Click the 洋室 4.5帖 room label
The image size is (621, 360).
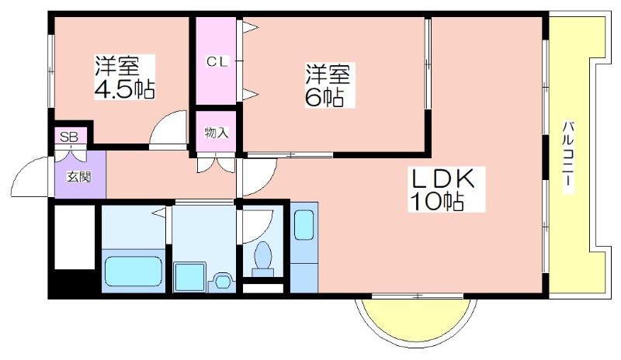coord(124,77)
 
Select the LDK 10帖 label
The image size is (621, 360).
coord(443,189)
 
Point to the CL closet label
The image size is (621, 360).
coord(217,62)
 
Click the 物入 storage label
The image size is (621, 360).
coord(217,133)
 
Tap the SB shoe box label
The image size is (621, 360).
coord(68,137)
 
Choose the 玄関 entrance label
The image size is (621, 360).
coord(79,176)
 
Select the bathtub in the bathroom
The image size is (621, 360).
coord(133,271)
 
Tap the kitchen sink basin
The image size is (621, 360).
coord(304,225)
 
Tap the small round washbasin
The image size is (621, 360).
coord(223,281)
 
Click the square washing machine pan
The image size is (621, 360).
coord(189,276)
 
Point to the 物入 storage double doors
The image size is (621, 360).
coord(217,163)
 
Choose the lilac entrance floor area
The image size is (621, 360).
coord(81,175)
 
